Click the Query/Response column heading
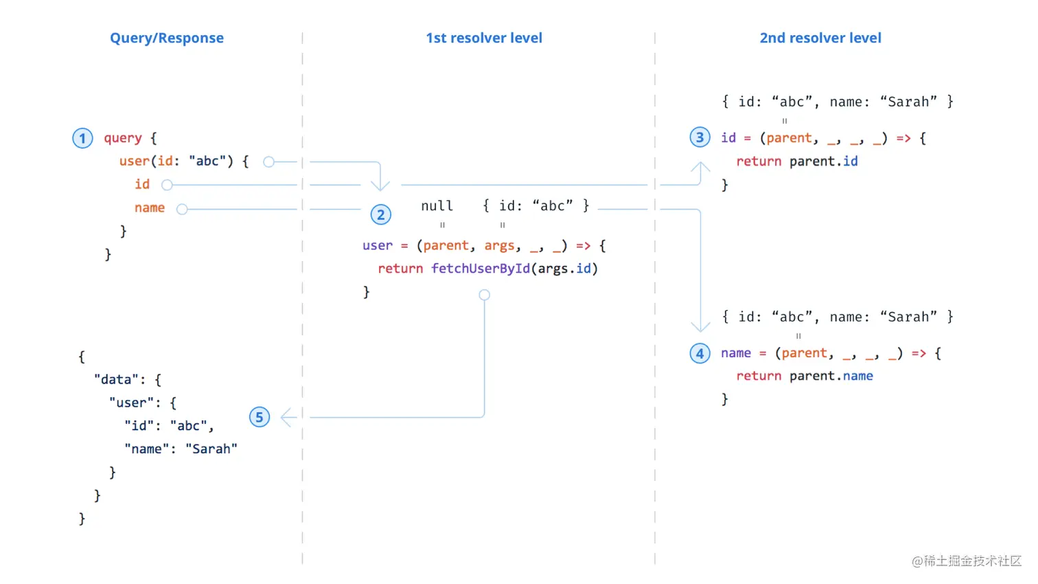(166, 38)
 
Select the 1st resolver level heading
(484, 38)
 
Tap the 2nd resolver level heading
(820, 38)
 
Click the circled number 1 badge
(82, 138)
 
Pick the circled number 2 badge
(380, 215)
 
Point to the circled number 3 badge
(700, 137)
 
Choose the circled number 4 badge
(700, 353)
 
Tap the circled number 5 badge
(259, 417)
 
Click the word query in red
(123, 138)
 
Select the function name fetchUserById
(481, 269)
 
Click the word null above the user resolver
(437, 205)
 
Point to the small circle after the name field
(182, 209)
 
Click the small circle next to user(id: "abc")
(269, 162)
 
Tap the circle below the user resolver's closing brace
(484, 295)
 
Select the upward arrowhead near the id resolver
(701, 167)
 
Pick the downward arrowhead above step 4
(701, 326)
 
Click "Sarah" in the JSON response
(211, 449)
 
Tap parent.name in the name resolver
(831, 377)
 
